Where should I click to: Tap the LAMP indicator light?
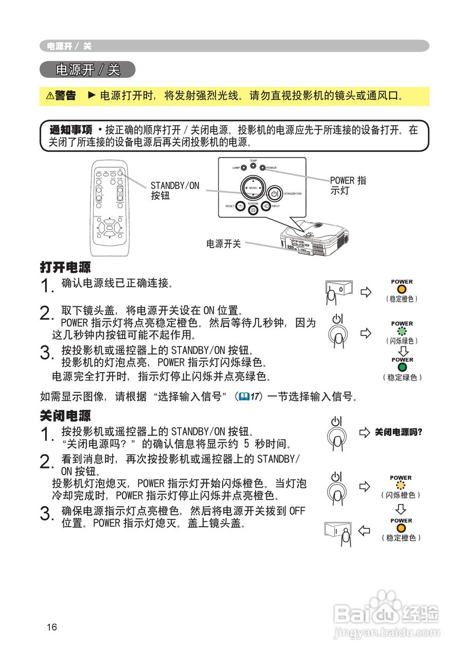click(x=244, y=168)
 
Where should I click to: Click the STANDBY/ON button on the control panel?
click(x=274, y=194)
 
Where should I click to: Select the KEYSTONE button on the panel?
click(x=252, y=210)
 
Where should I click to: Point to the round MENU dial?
click(x=252, y=188)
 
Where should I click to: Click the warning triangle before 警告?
click(x=50, y=96)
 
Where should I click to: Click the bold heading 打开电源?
click(x=65, y=267)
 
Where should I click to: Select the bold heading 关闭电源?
click(x=65, y=415)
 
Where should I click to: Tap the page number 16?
click(x=51, y=627)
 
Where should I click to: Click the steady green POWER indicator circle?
click(x=402, y=368)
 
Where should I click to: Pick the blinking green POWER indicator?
click(x=402, y=332)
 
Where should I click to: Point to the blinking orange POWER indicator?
click(x=401, y=485)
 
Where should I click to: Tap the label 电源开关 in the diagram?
click(x=224, y=244)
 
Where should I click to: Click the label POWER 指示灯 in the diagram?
click(x=348, y=186)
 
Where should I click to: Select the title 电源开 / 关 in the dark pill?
click(x=87, y=70)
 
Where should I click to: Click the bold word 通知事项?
click(x=70, y=130)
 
